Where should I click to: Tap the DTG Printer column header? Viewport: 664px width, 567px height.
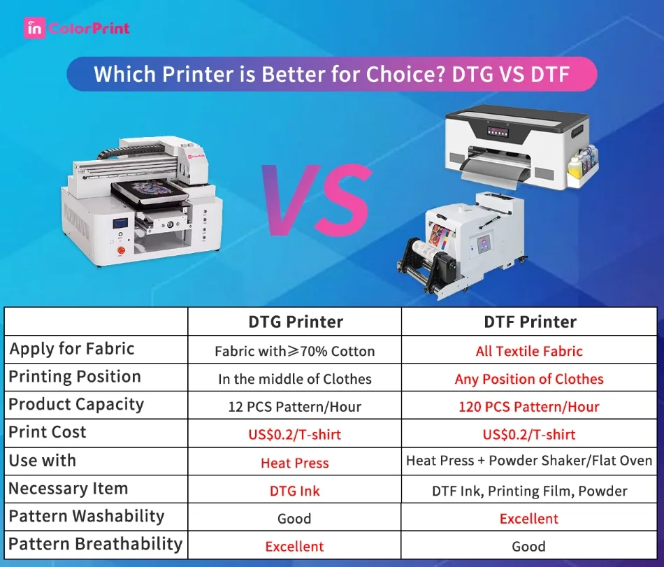295,322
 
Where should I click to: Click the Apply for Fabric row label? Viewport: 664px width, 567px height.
71,349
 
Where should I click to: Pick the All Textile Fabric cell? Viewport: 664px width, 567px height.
528,351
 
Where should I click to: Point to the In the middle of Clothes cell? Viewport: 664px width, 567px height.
295,379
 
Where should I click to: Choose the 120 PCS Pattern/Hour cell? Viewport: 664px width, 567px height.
528,407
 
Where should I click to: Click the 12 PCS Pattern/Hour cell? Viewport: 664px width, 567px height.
295,407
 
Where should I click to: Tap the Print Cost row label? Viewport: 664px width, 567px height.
48,432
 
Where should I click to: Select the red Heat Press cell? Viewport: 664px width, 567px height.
295,463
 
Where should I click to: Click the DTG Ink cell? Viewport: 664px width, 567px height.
295,491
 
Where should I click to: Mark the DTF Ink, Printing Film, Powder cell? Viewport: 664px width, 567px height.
528,491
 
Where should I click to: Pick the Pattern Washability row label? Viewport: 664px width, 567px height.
86,517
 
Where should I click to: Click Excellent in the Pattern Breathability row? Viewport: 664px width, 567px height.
295,547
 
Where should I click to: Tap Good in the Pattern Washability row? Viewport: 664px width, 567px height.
295,519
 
